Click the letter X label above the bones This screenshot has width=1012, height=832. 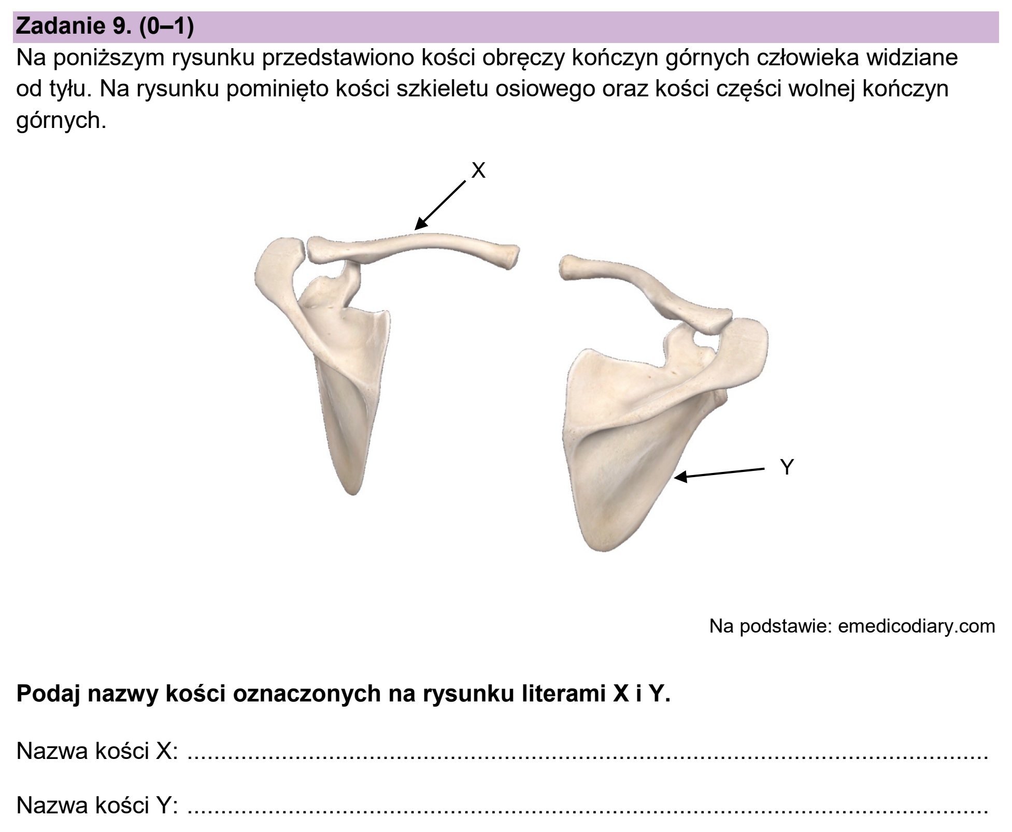point(478,170)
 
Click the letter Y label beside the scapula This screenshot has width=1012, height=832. point(787,467)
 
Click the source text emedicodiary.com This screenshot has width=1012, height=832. point(916,626)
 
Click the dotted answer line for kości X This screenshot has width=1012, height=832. point(588,758)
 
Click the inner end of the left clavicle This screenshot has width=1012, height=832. point(513,257)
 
